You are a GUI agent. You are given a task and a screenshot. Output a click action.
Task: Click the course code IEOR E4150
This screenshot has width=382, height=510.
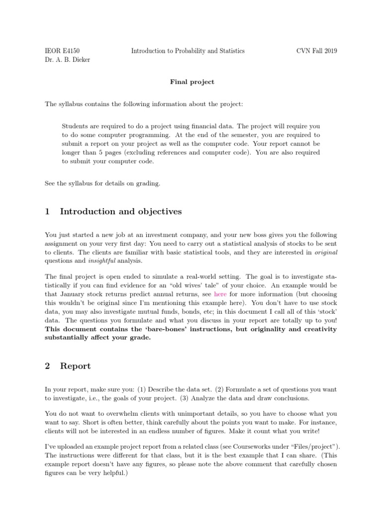pos(62,51)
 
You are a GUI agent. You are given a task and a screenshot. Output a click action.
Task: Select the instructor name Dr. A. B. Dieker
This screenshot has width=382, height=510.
pos(68,60)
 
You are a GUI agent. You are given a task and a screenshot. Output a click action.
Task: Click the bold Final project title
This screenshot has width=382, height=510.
pos(191,82)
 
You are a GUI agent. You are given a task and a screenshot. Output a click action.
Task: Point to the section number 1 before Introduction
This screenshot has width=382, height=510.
pos(47,212)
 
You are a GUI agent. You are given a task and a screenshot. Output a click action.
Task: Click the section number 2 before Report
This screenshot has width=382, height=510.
pos(47,366)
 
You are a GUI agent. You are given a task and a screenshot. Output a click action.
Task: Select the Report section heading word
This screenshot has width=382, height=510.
pos(75,366)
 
